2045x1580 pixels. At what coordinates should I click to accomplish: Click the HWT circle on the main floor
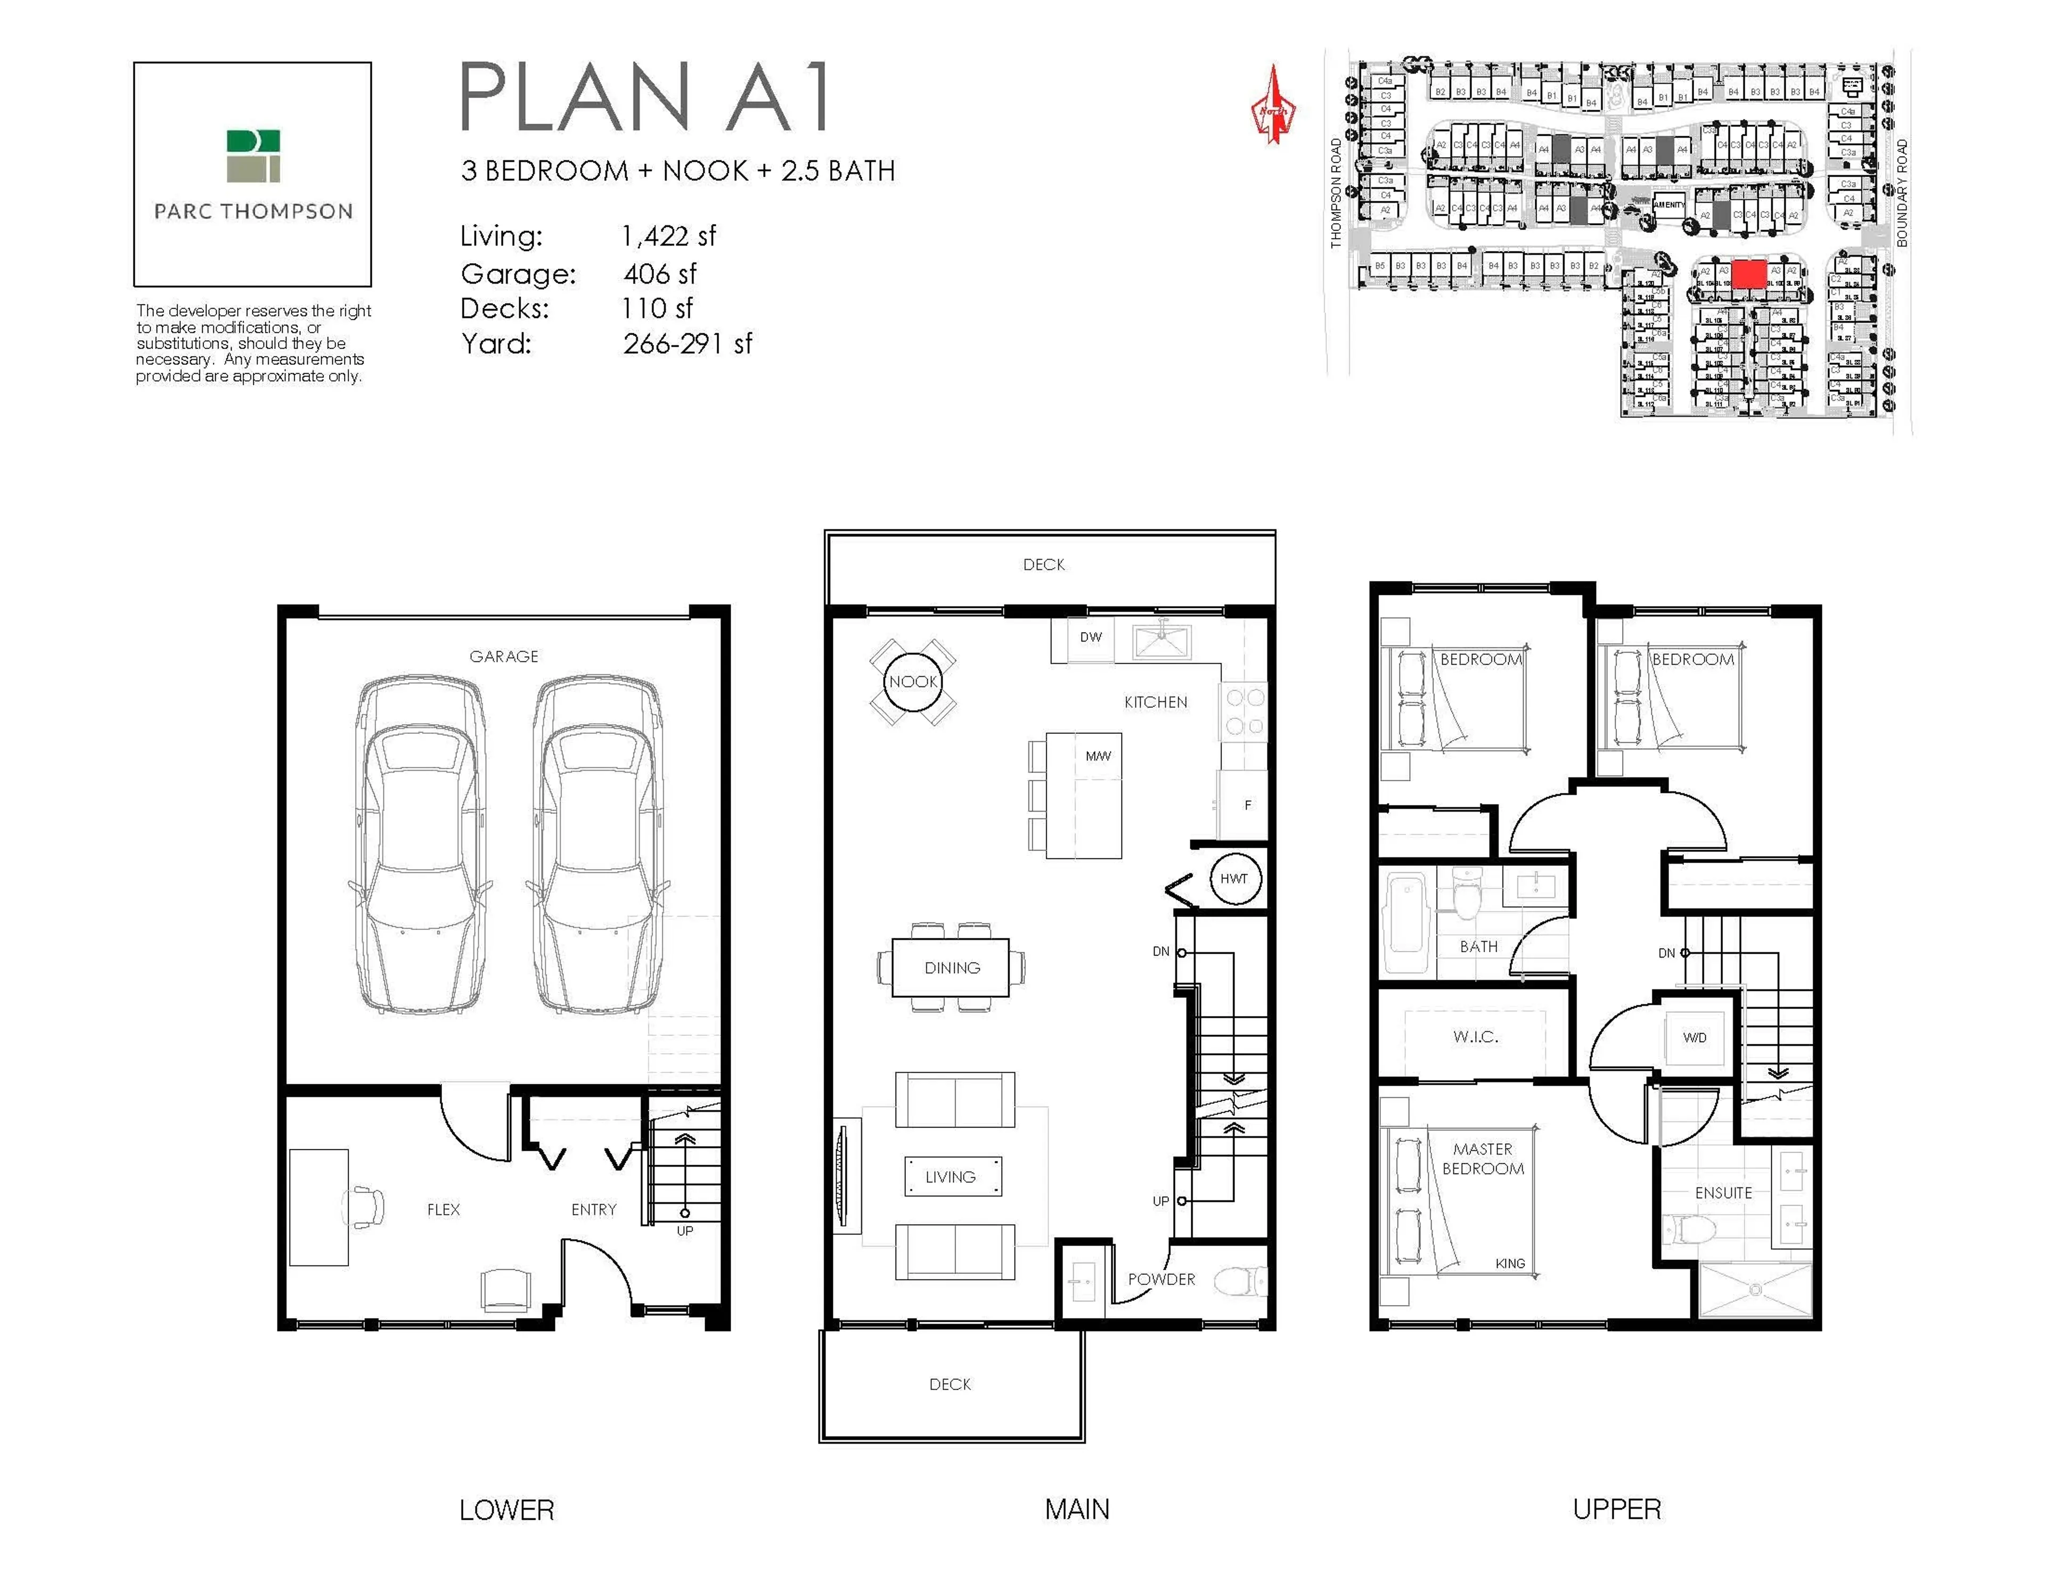[1234, 879]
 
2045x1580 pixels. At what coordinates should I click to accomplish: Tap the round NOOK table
[913, 682]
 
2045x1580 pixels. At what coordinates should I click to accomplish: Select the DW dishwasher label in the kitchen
[1091, 637]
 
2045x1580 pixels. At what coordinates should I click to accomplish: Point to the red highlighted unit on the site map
[1748, 274]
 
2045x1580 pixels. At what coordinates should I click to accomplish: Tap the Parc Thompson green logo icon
[253, 157]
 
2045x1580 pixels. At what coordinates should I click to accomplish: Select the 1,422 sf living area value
[668, 236]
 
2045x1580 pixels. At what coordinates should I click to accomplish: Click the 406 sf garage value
[660, 274]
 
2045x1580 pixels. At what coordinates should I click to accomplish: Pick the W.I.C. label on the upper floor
[1476, 1037]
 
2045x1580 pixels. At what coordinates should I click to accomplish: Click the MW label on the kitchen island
[1098, 756]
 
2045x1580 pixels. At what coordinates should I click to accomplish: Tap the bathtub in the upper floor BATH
[1404, 926]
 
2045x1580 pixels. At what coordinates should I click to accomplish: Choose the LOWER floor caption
[506, 1510]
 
